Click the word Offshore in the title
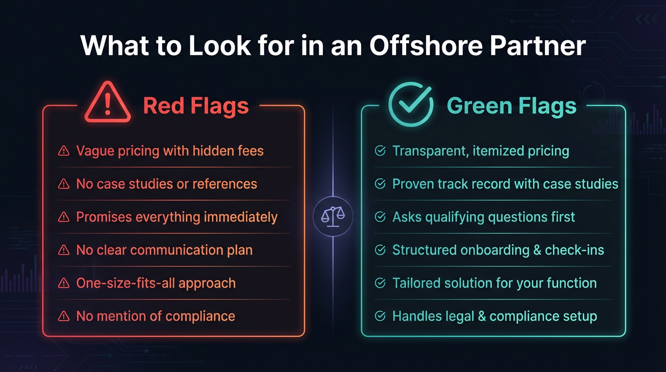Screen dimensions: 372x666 coord(426,46)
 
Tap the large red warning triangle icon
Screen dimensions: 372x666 coord(107,103)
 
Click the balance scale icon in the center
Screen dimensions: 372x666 coord(333,217)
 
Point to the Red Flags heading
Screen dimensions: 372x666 coord(196,106)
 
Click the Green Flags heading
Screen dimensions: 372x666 coord(512,106)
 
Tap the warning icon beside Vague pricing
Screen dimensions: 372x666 coord(63,151)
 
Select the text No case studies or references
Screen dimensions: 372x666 coord(166,184)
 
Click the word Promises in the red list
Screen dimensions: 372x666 coord(104,217)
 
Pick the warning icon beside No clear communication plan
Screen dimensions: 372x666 coord(63,250)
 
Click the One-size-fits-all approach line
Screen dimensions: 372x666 coord(156,283)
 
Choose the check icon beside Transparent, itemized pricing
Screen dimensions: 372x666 coord(380,151)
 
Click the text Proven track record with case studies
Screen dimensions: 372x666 coord(505,184)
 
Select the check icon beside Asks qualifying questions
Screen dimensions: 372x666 coord(380,217)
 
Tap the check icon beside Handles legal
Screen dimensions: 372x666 coord(380,316)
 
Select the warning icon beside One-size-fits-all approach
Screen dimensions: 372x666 coord(63,283)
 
